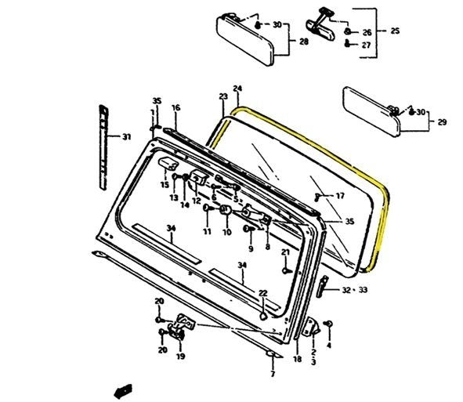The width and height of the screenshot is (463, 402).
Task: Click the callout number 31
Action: point(126,137)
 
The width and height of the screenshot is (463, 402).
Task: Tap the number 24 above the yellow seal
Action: point(237,89)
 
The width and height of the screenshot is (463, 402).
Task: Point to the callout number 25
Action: point(395,31)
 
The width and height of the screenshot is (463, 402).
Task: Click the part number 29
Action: point(442,122)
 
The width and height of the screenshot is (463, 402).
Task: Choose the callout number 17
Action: point(339,195)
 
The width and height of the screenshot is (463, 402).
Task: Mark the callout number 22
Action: point(263,293)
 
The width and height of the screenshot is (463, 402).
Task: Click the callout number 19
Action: point(180,357)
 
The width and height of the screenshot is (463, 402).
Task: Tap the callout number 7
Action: point(272,375)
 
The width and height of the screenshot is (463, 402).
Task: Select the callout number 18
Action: point(297,360)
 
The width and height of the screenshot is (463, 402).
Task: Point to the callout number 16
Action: point(175,107)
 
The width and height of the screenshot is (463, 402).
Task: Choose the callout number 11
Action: point(207,232)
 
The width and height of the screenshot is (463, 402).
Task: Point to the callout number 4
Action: point(329,345)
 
